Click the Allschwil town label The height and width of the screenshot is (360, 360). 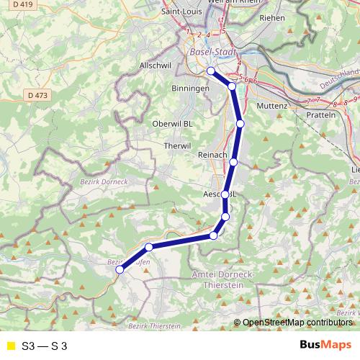pos(153,66)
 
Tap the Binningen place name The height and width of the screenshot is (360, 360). pos(190,88)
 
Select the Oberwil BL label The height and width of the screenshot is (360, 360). pos(173,124)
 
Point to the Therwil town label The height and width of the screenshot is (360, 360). pos(177,145)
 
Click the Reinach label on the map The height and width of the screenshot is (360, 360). pos(212,156)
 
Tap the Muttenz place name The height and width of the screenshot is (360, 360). pos(271,106)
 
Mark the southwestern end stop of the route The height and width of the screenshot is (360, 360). pos(120,270)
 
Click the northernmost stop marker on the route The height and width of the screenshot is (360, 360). pos(210,71)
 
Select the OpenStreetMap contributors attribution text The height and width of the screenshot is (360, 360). pos(299,323)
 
